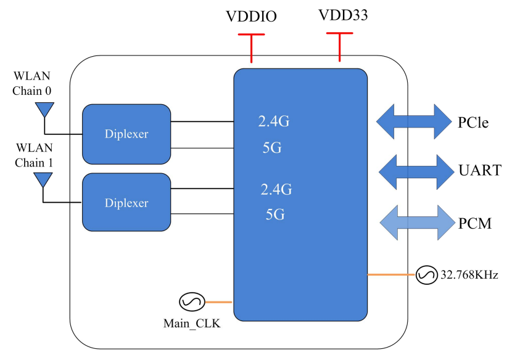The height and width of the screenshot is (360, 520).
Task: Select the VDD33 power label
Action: pos(343,15)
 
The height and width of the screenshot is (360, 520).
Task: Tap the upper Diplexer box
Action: pos(126,134)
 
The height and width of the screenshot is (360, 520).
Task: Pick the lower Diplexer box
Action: pos(126,203)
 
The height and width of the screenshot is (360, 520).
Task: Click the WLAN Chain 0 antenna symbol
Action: pos(43,110)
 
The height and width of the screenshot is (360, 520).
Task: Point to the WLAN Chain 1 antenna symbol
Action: pos(43,180)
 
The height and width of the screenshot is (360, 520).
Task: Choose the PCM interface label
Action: pos(474,223)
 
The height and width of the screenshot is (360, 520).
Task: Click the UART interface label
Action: pos(479,171)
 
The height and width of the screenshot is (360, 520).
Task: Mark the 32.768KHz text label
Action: pos(469,275)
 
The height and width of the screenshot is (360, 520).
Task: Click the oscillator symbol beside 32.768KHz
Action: pos(426,275)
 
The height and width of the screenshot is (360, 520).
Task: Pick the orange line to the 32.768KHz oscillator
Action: pos(392,274)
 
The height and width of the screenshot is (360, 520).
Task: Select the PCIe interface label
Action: pos(473,122)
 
